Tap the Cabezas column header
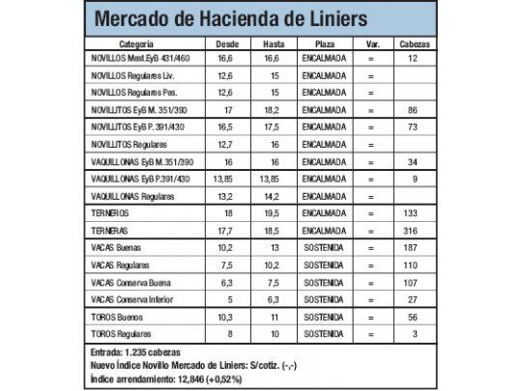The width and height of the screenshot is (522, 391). tap(412, 44)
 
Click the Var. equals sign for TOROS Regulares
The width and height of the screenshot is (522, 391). tap(371, 332)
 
